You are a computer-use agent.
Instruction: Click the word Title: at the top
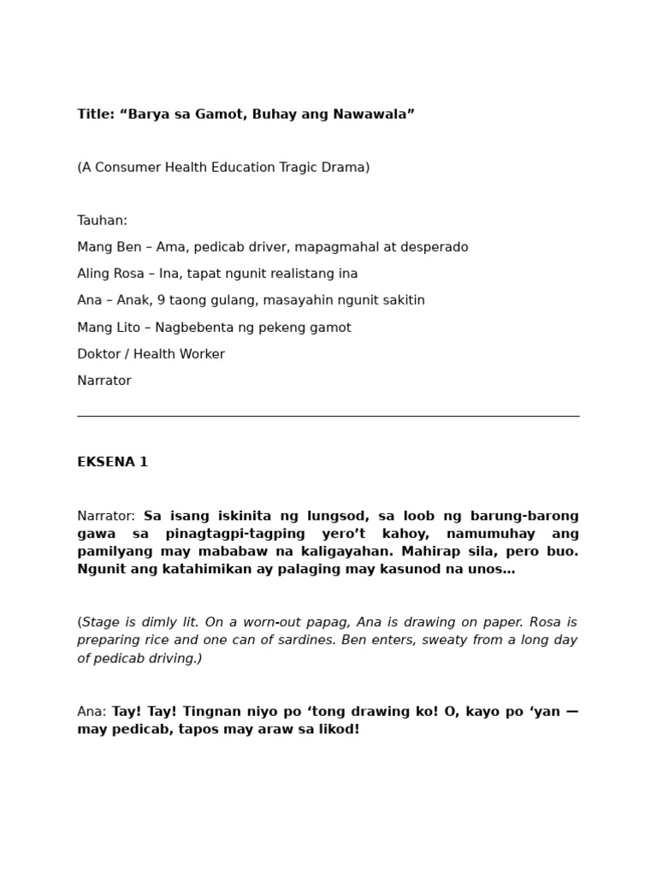pyautogui.click(x=96, y=115)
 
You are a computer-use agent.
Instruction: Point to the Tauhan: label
pyautogui.click(x=102, y=221)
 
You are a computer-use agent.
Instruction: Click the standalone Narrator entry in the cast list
pyautogui.click(x=104, y=381)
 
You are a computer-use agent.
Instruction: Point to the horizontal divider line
pyautogui.click(x=328, y=416)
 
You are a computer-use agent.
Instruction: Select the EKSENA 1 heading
pyautogui.click(x=112, y=462)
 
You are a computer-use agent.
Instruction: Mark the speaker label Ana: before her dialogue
pyautogui.click(x=92, y=712)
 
